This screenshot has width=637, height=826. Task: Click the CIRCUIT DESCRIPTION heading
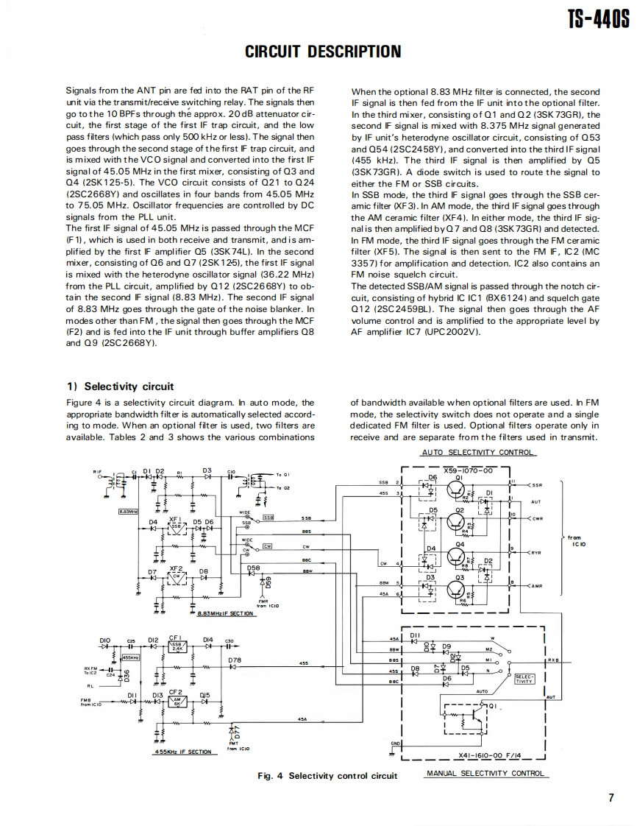(x=323, y=52)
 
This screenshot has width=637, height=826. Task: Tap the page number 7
(x=611, y=797)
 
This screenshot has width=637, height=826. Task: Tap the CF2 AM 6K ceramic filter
(x=176, y=701)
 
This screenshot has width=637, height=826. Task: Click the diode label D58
(x=254, y=568)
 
